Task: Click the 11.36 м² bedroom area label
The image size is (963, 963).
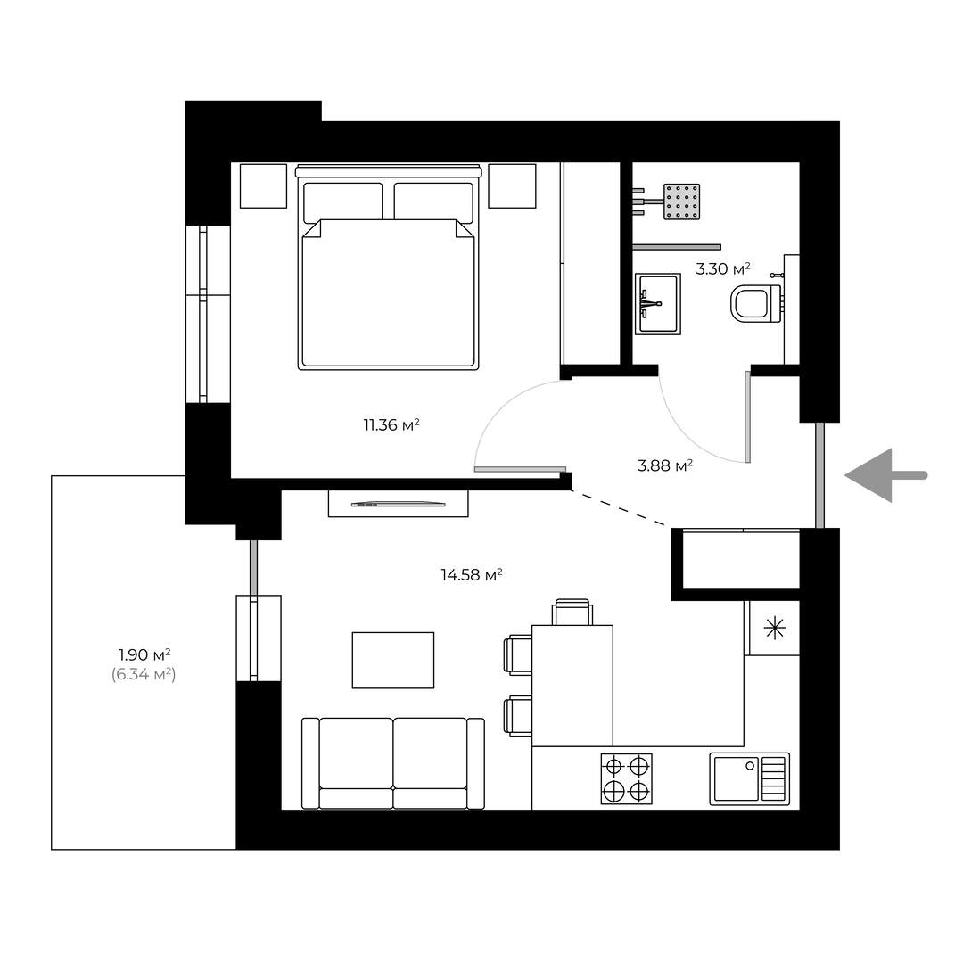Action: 391,425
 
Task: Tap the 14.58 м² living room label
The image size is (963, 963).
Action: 472,575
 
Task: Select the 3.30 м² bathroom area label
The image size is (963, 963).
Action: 723,268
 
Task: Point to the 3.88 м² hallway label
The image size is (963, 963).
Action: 665,465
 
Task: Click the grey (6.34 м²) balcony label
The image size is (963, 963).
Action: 144,674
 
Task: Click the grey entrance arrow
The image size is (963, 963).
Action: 886,475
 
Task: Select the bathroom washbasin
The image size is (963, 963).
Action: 658,304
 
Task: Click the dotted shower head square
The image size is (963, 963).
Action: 682,202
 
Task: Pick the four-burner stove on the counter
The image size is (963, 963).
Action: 627,778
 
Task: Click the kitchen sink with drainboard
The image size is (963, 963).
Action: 750,778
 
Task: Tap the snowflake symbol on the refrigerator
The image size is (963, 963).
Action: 775,629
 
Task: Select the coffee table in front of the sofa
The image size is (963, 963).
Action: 393,660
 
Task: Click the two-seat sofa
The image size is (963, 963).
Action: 393,763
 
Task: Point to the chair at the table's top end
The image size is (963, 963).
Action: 572,612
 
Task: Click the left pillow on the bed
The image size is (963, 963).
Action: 342,202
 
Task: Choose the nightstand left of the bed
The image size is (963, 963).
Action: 263,186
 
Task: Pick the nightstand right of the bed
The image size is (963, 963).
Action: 512,186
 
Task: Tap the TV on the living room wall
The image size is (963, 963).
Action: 398,504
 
